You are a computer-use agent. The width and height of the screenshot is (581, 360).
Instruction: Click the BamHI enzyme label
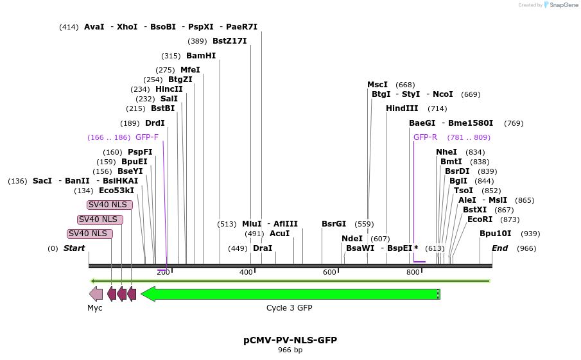point(201,56)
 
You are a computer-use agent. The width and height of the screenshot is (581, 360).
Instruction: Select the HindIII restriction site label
point(402,108)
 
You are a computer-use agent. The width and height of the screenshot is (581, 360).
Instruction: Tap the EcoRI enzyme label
point(480,219)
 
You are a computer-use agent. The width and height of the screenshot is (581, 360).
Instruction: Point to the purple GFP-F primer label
point(146,137)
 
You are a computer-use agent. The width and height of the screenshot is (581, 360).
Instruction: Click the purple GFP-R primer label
point(425,137)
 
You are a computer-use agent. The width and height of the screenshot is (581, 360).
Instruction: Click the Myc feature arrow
point(96,294)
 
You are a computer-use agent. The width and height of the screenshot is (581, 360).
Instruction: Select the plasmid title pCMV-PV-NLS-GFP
point(290,340)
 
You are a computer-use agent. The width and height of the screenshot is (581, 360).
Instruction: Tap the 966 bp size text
point(290,350)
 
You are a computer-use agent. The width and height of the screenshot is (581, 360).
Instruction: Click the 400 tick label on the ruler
point(246,272)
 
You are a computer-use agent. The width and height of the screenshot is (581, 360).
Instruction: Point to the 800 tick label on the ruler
point(413,272)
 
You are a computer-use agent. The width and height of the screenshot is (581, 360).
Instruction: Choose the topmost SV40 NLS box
point(110,205)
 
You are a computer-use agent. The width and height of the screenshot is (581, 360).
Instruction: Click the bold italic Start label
point(74,248)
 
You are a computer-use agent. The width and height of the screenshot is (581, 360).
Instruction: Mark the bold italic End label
point(500,248)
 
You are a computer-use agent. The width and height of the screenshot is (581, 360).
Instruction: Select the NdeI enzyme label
point(352,239)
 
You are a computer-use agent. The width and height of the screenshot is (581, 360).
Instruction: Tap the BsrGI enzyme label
point(334,224)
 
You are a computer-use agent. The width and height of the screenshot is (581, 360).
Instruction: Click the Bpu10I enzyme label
point(496,234)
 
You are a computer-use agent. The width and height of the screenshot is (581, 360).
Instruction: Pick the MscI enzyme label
point(377,85)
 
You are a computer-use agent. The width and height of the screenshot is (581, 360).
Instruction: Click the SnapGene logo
point(561,5)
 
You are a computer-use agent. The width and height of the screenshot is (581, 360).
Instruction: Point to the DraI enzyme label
point(263,248)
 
